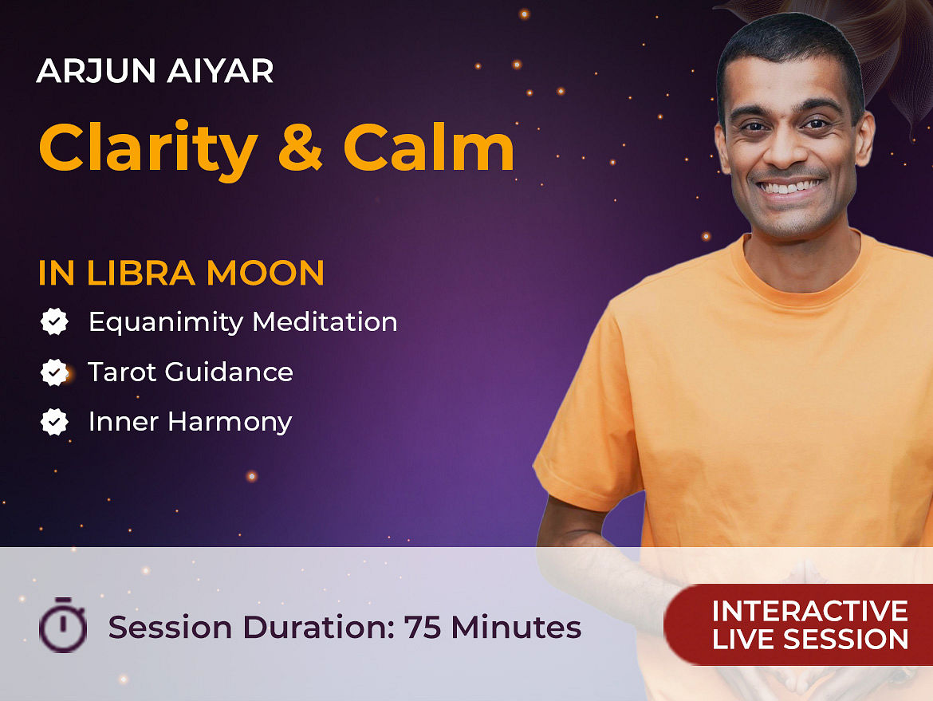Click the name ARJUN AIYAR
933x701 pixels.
[155, 70]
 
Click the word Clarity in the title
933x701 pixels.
[148, 149]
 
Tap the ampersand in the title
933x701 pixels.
[301, 147]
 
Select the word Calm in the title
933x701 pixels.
[429, 146]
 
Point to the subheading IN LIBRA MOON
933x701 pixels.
[182, 273]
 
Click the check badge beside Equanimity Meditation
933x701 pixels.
[54, 321]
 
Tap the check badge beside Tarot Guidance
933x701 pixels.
[54, 372]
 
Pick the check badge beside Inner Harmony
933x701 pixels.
[54, 422]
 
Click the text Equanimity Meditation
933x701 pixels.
[242, 322]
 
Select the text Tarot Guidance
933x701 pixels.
[191, 372]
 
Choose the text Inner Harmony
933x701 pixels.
[191, 423]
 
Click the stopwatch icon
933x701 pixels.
[63, 624]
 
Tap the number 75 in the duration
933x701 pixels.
[423, 627]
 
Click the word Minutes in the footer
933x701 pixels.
[516, 627]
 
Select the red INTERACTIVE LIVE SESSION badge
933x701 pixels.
[798, 624]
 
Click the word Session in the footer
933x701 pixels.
[170, 627]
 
